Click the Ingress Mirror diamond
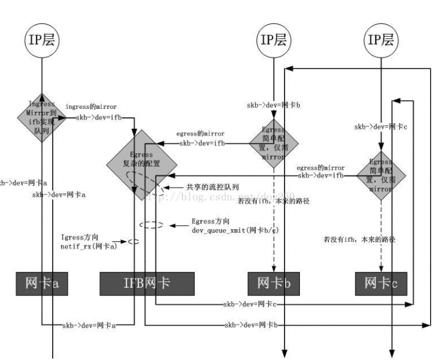coord(43,116)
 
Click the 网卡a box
coord(42,284)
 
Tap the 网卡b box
coord(273,284)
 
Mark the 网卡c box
coord(381,284)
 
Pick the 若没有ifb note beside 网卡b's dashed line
coord(273,201)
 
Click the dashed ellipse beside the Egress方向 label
coord(150,225)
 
